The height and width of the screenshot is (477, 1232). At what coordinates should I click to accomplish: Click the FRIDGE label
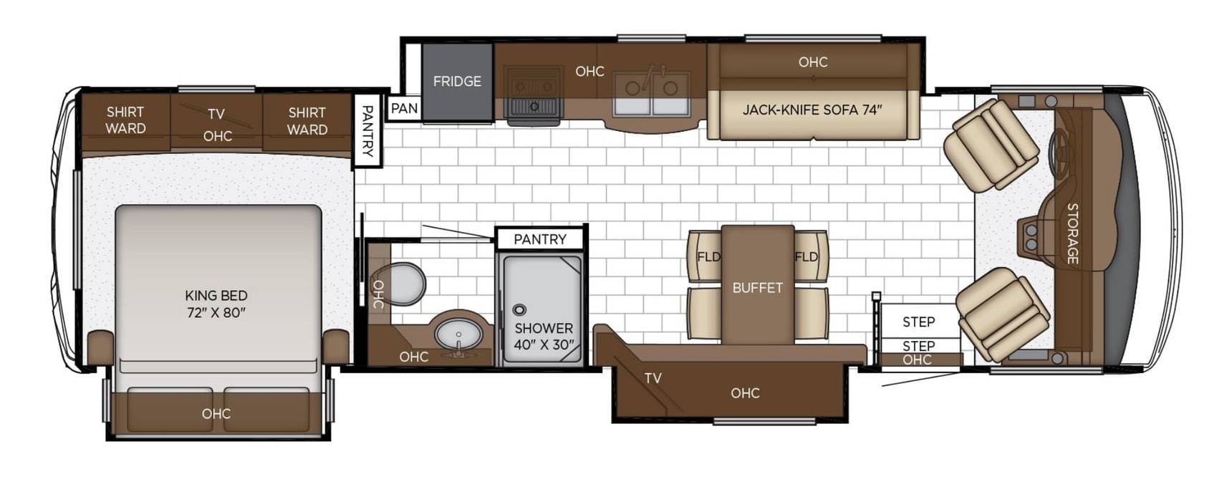pos(457,82)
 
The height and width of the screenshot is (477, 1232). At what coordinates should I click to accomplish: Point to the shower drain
pos(520,310)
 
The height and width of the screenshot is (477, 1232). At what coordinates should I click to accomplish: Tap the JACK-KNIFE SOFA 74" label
pos(812,110)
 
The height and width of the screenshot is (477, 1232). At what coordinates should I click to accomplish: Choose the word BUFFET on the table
pos(758,288)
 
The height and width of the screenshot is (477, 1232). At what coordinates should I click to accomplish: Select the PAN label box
pos(404,108)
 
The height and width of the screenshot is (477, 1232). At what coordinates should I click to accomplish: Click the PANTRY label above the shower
pos(540,239)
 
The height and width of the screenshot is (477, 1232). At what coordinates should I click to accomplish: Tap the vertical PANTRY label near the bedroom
pos(367,131)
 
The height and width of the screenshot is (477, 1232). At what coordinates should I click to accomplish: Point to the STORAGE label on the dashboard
pos(1072,233)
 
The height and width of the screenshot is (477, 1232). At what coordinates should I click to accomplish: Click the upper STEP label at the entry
pos(918,322)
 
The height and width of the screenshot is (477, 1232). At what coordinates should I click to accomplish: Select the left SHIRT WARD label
pos(126,120)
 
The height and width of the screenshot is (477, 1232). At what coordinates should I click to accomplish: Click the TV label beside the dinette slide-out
pos(653,378)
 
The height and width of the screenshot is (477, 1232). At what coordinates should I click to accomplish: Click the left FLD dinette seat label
pos(708,256)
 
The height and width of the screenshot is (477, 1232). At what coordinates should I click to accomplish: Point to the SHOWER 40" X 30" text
pos(544,337)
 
